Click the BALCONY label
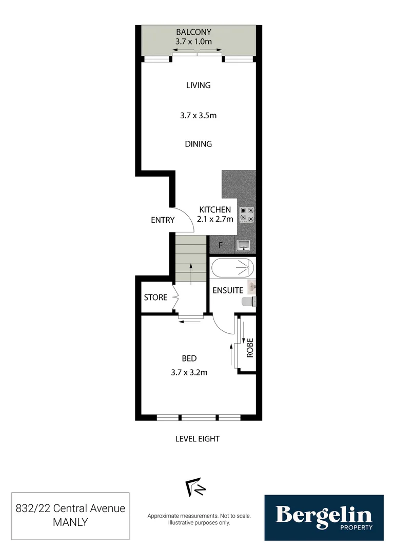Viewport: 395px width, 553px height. point(193,32)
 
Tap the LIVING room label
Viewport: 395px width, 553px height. point(198,86)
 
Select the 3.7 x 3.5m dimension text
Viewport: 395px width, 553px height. point(198,116)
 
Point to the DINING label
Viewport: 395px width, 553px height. point(198,144)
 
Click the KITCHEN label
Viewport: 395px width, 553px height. point(215,210)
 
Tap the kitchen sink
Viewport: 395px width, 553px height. point(242,245)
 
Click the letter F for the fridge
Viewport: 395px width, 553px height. point(221,245)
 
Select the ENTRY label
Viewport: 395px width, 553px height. point(163,221)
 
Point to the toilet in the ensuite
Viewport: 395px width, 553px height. point(249,302)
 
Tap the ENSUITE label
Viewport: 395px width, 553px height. point(228,290)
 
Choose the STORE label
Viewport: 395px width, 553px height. point(155,297)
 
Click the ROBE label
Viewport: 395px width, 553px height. point(250,348)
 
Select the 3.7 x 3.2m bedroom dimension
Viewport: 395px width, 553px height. point(189,373)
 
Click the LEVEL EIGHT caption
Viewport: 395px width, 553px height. point(197,439)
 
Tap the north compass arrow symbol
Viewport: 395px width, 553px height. point(195,488)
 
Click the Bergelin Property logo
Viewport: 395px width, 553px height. point(324,517)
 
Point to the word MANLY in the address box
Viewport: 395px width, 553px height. point(70,523)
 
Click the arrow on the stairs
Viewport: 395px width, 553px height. point(190,273)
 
